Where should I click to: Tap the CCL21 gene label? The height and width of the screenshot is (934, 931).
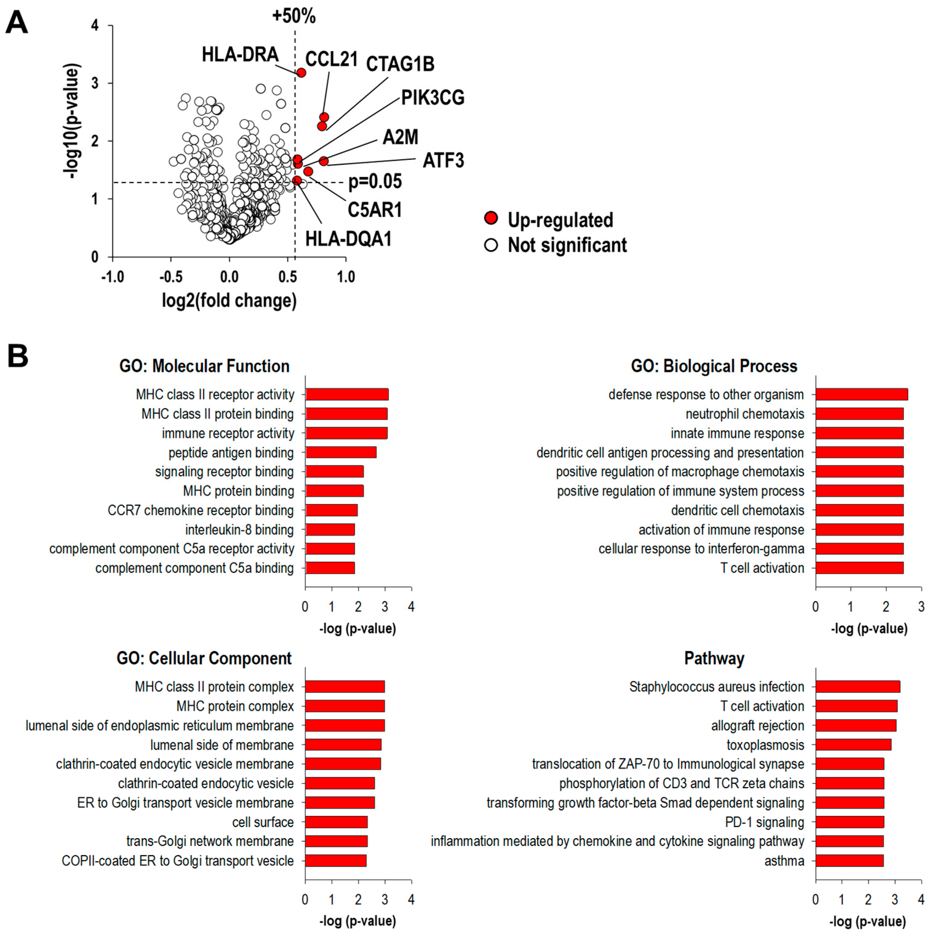(x=331, y=59)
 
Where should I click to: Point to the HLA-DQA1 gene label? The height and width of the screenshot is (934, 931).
(x=348, y=239)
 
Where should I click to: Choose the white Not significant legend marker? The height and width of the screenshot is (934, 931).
(x=491, y=245)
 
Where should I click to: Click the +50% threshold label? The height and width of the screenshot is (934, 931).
(x=293, y=16)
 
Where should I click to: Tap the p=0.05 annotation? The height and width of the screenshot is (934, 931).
(x=375, y=182)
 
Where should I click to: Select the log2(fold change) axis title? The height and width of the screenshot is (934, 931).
(x=229, y=301)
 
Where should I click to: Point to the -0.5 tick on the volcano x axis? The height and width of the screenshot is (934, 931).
(x=171, y=277)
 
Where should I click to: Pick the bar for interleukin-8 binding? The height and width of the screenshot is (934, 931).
(x=330, y=530)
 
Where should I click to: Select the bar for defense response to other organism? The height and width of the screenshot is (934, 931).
(x=861, y=394)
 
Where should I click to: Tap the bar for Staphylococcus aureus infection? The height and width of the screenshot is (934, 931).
(x=857, y=687)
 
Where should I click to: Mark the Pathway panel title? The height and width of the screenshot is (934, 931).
(x=714, y=659)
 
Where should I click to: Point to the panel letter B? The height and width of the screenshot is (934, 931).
(x=18, y=356)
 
